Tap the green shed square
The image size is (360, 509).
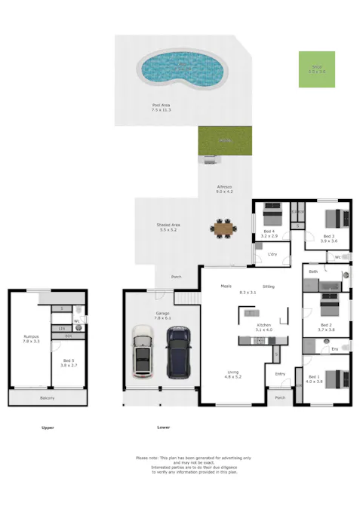[316, 69]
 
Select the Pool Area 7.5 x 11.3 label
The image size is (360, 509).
[162, 108]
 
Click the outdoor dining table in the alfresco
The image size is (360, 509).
[224, 228]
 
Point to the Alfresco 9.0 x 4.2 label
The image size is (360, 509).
[224, 189]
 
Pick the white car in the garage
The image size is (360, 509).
[143, 351]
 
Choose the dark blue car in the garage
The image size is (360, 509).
[178, 351]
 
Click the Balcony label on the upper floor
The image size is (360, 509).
[47, 398]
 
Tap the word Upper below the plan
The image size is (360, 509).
[48, 428]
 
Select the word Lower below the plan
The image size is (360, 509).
[163, 428]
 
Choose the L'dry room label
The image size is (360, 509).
[273, 255]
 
